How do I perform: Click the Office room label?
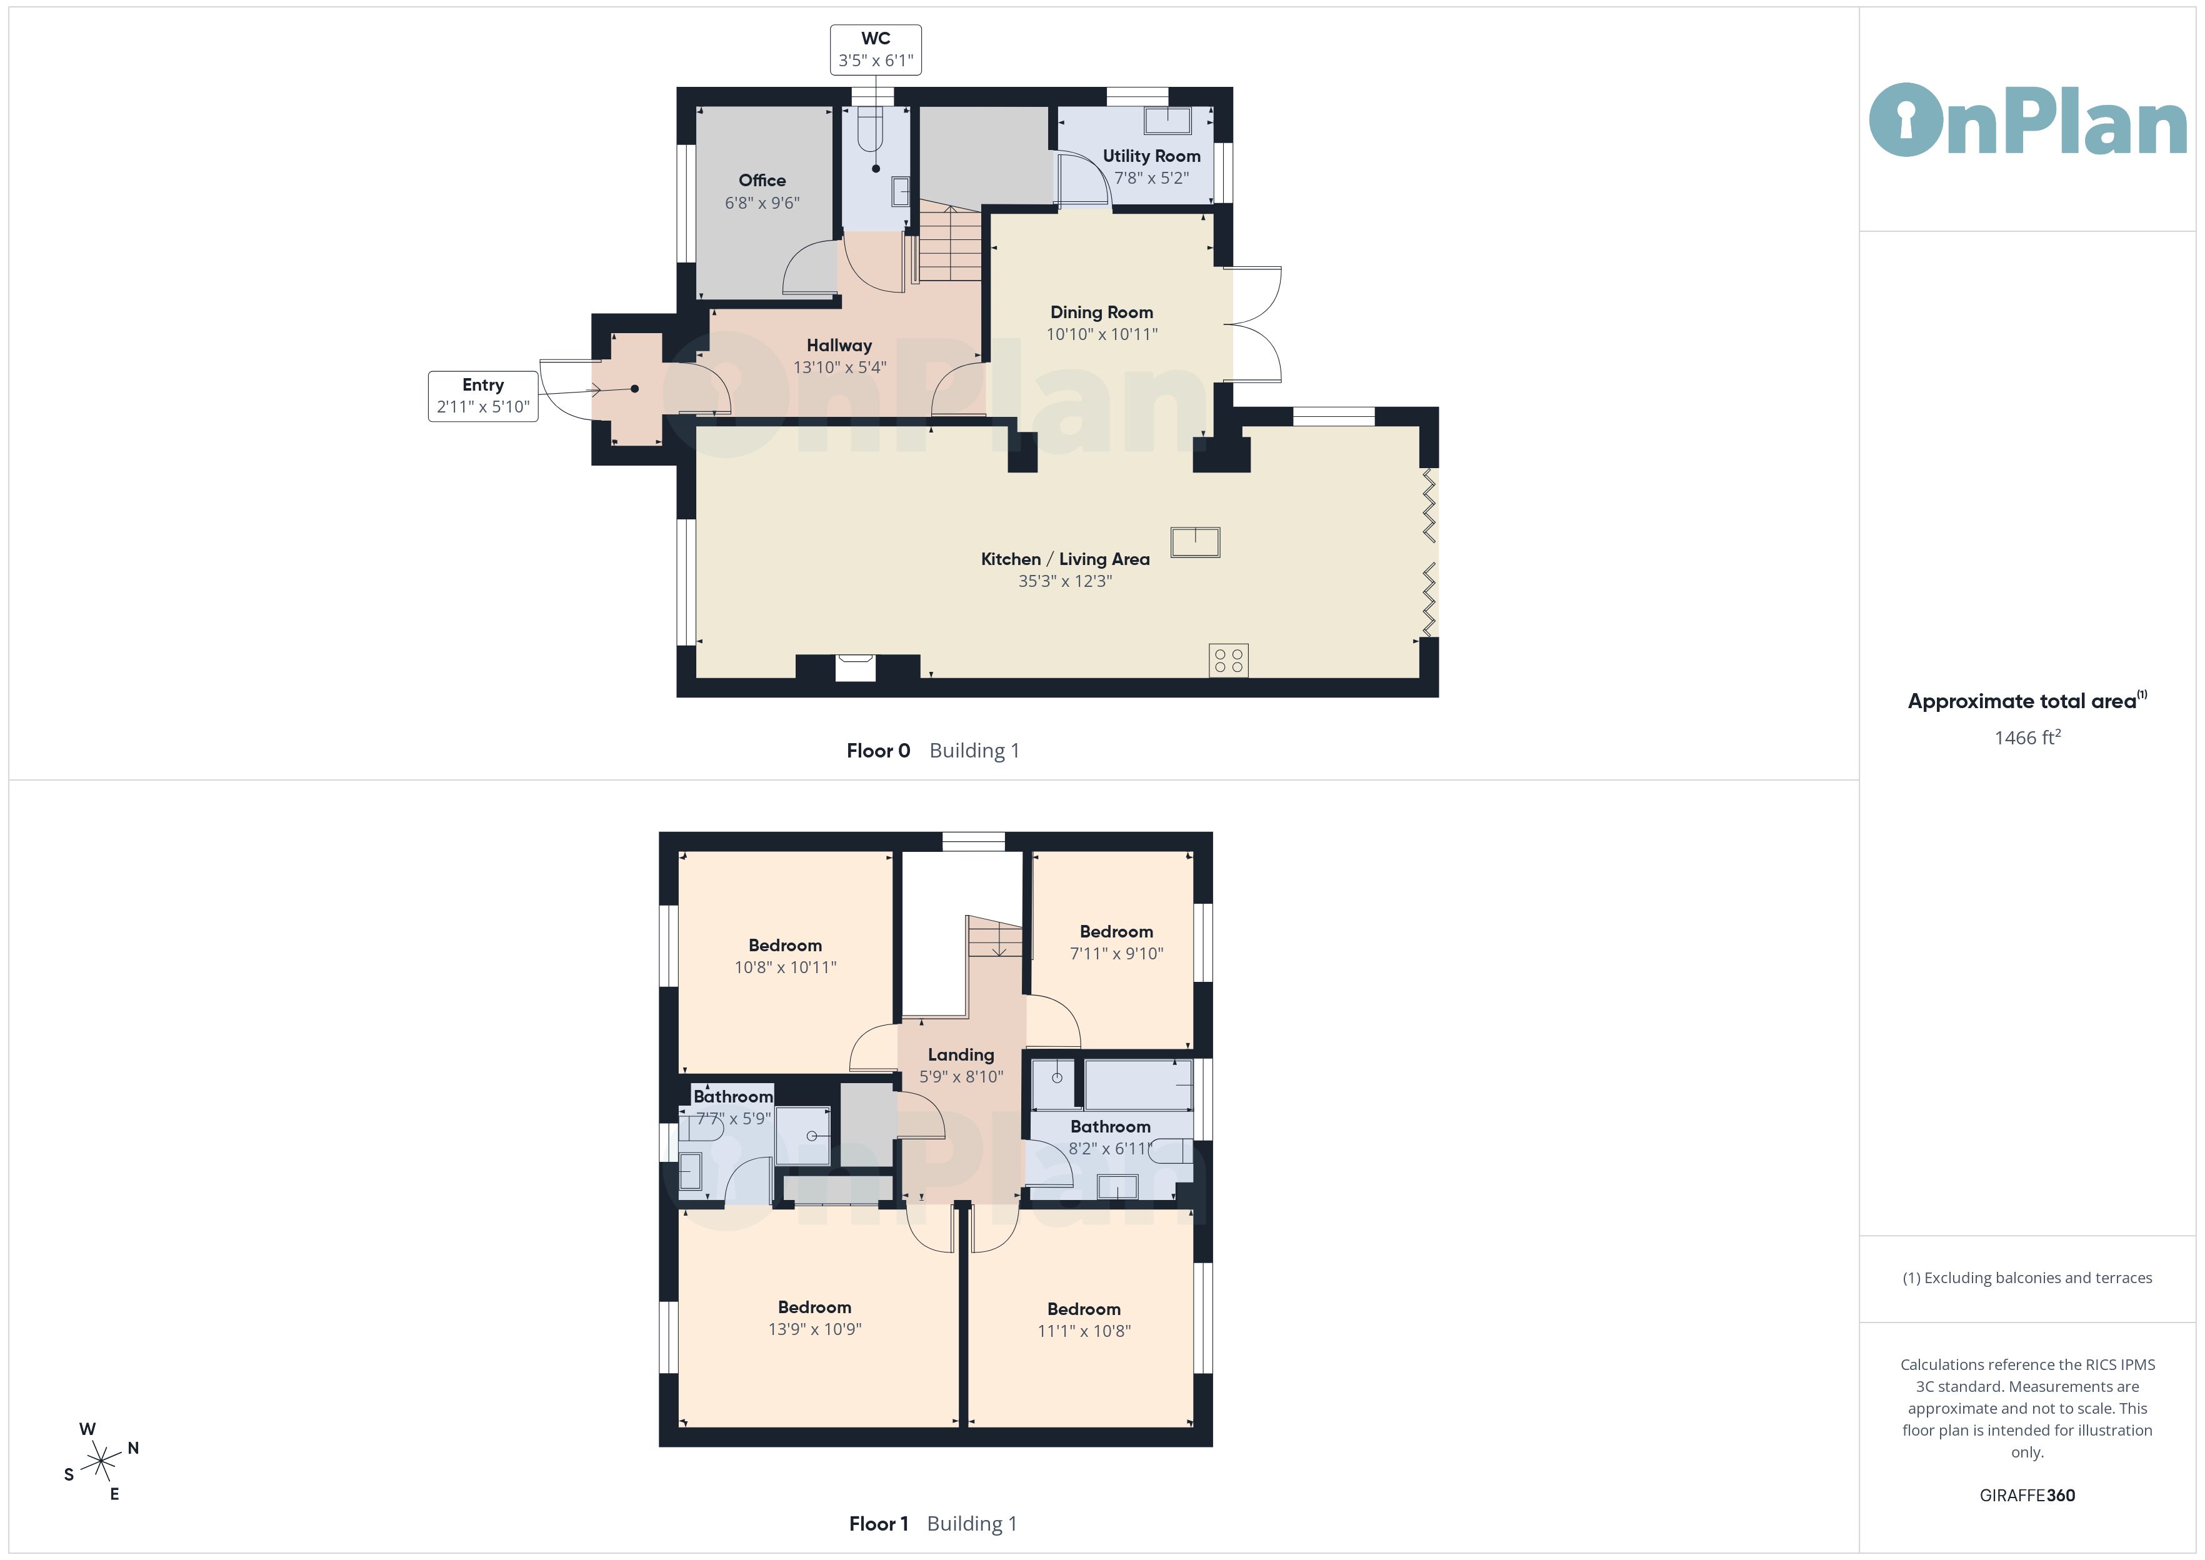762,181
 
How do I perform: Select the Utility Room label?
1151,156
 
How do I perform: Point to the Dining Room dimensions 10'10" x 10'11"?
1101,334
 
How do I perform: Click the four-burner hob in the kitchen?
1228,660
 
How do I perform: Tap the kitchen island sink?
1195,542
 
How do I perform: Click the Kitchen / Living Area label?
1065,559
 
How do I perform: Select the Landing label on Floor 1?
961,1055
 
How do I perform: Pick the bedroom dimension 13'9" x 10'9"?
814,1329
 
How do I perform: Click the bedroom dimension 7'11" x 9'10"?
1116,953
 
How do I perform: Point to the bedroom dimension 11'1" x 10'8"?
1083,1331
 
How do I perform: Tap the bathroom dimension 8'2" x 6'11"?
1110,1148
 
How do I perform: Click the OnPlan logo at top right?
2027,120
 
